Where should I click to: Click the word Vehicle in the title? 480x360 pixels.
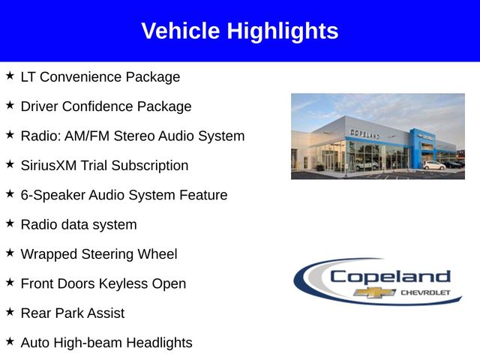pos(181,31)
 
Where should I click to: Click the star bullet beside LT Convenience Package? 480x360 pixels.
pos(10,76)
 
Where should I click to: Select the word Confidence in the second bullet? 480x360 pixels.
pos(98,106)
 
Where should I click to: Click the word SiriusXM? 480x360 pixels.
pos(49,166)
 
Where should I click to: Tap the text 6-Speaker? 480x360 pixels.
pos(53,196)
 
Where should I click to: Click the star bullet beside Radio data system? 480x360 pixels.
pos(10,223)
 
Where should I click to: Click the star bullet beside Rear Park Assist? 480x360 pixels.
pos(10,312)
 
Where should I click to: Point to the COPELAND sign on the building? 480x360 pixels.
pos(365,134)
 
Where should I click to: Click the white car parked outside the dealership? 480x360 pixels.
pos(434,165)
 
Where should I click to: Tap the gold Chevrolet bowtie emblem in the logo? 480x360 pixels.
pos(375,292)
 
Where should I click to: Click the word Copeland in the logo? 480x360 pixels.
pos(390,277)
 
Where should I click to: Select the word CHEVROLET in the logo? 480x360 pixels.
pos(425,293)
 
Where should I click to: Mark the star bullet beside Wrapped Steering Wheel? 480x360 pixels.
pos(10,253)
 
